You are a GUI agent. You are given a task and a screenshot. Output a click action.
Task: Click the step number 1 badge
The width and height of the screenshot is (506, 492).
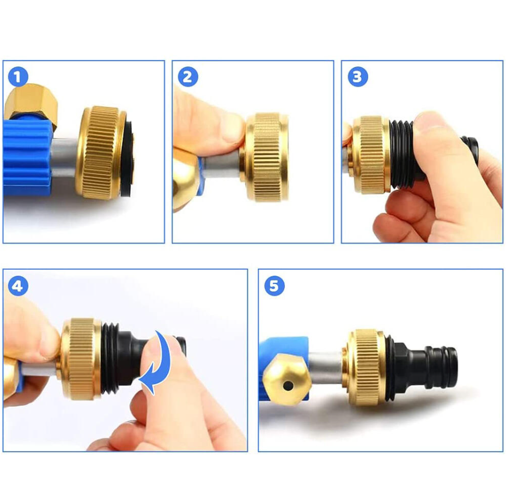tap(18, 77)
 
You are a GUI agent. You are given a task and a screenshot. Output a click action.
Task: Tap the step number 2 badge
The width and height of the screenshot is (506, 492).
tap(187, 77)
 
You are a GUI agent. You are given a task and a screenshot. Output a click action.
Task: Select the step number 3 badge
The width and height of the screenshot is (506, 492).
tap(357, 77)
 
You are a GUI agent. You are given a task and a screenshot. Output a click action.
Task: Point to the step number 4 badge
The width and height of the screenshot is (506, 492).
tap(18, 286)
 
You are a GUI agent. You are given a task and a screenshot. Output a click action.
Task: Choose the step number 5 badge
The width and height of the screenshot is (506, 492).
tap(274, 286)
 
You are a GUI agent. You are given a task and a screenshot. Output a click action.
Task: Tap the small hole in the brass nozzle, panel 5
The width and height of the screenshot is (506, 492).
tap(288, 385)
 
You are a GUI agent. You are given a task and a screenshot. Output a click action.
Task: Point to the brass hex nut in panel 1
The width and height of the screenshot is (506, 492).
tap(31, 104)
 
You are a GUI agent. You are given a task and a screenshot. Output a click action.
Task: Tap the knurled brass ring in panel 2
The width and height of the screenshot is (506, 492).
tap(266, 157)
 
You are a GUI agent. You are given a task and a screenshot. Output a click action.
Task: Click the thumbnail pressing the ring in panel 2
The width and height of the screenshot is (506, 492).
tap(234, 129)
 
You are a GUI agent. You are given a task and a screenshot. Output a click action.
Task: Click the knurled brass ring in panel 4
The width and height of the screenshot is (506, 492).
tap(81, 359)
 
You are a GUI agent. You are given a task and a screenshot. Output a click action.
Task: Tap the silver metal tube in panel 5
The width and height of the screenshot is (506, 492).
tap(326, 367)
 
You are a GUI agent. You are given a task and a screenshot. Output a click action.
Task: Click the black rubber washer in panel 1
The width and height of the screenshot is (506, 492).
tap(129, 158)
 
